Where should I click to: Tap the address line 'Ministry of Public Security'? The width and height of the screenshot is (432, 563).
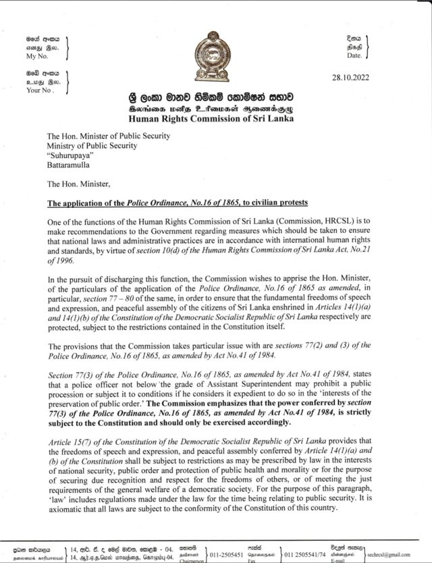pos(92,145)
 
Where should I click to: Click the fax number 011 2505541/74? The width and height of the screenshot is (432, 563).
pos(308,554)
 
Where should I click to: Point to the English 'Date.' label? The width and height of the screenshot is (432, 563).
pos(353,56)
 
